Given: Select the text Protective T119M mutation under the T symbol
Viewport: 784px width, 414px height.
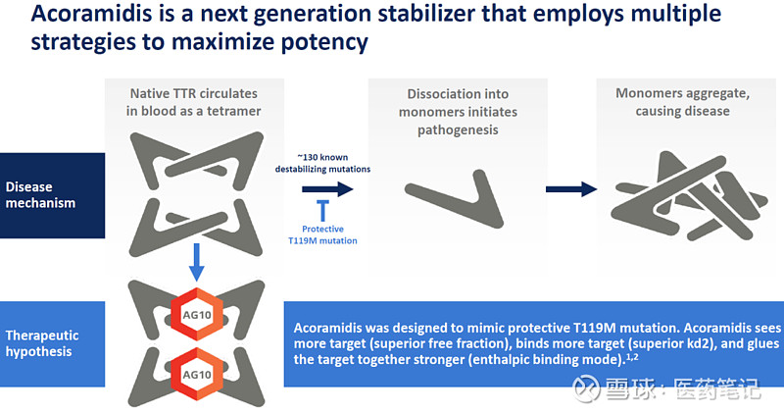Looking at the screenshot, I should coord(322,234).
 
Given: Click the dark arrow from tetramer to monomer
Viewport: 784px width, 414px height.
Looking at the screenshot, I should coord(322,188).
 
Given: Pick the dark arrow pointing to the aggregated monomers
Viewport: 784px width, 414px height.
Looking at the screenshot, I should coord(571,189).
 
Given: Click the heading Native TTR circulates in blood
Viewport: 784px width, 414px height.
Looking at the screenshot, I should coord(196,103).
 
